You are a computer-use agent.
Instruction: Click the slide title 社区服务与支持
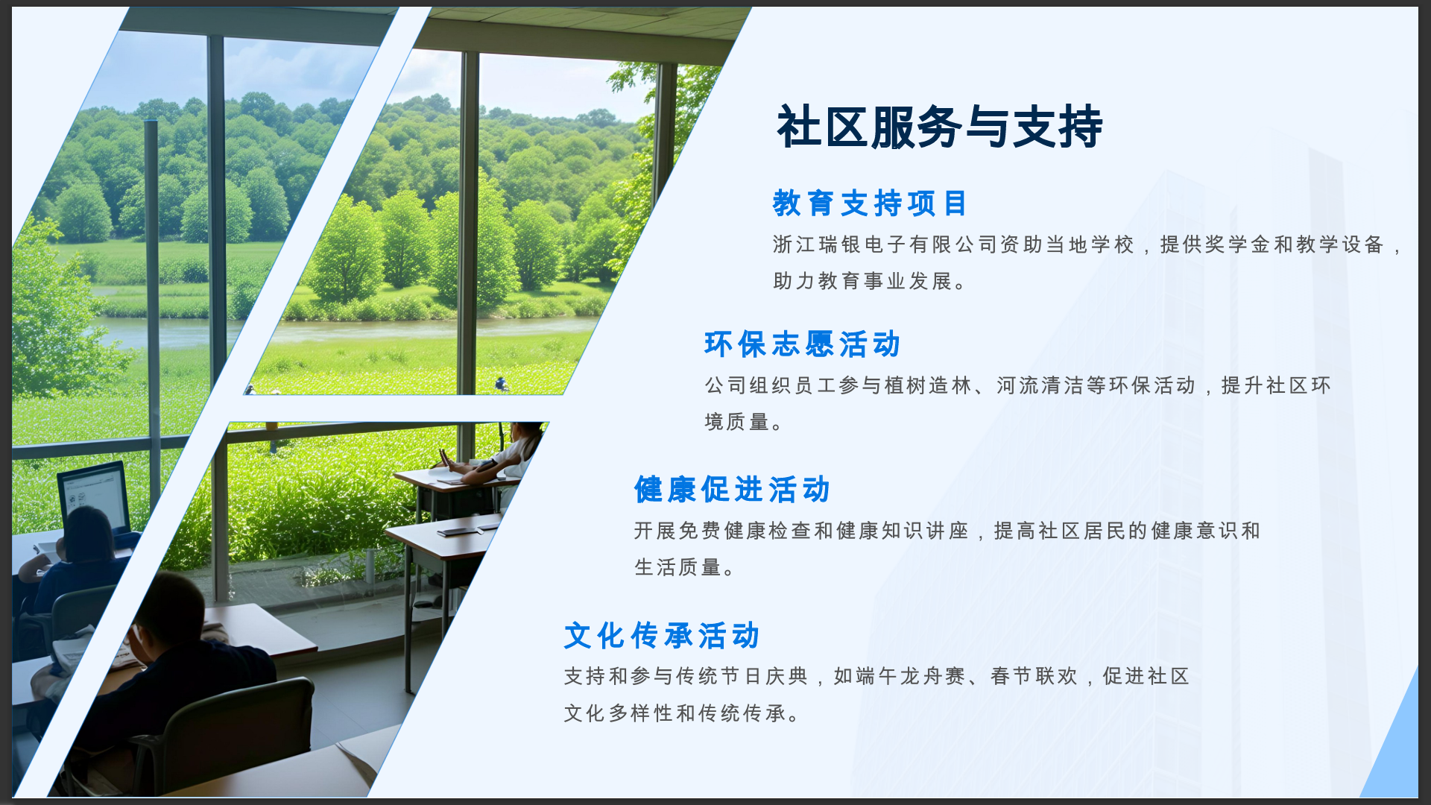pyautogui.click(x=939, y=127)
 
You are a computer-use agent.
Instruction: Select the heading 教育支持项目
pyautogui.click(x=870, y=203)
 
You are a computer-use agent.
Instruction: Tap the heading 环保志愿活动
pyautogui.click(x=803, y=344)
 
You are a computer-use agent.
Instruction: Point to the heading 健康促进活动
pyautogui.click(x=732, y=490)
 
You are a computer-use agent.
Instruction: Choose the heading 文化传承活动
pyautogui.click(x=662, y=636)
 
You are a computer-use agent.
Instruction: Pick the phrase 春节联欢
pyautogui.click(x=1034, y=676)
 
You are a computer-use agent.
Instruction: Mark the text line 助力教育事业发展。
pyautogui.click(x=870, y=281)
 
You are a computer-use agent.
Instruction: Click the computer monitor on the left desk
pyautogui.click(x=94, y=496)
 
